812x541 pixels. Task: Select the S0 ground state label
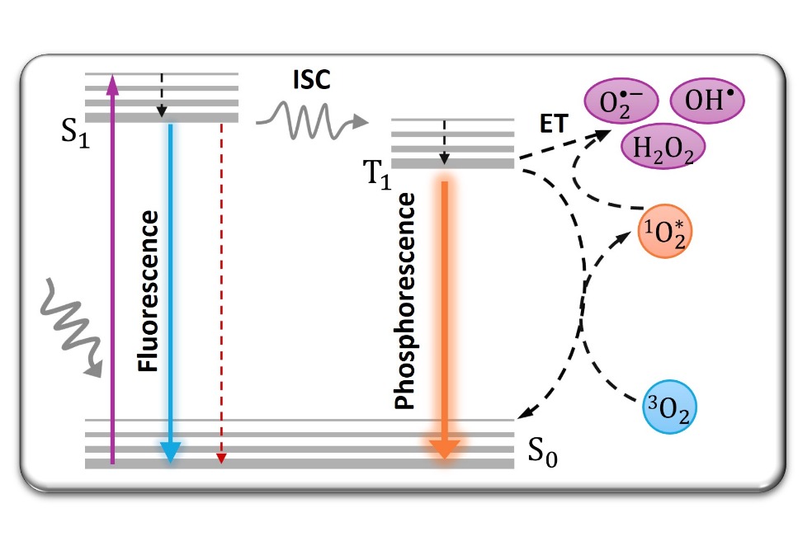coord(541,454)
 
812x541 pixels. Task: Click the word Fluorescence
coord(148,290)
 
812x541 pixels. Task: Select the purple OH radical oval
coord(706,102)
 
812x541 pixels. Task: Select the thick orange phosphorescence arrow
coord(444,313)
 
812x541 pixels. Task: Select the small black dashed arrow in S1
coord(162,95)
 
